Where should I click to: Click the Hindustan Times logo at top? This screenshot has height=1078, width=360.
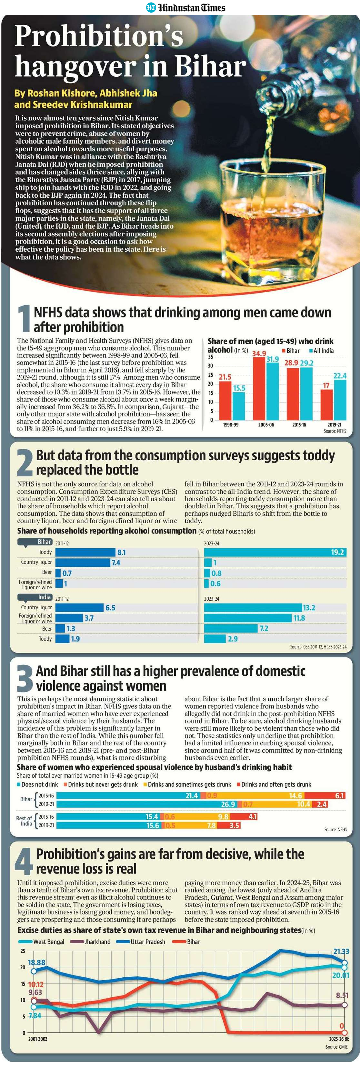coord(185,7)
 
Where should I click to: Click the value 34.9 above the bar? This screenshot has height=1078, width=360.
coord(259,354)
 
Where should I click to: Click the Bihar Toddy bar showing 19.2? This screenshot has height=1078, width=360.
coord(275,552)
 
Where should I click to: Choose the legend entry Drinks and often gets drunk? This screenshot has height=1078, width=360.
coord(274,784)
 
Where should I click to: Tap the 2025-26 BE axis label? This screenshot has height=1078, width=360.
coord(339,1039)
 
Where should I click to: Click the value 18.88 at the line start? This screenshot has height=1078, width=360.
coord(36,963)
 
